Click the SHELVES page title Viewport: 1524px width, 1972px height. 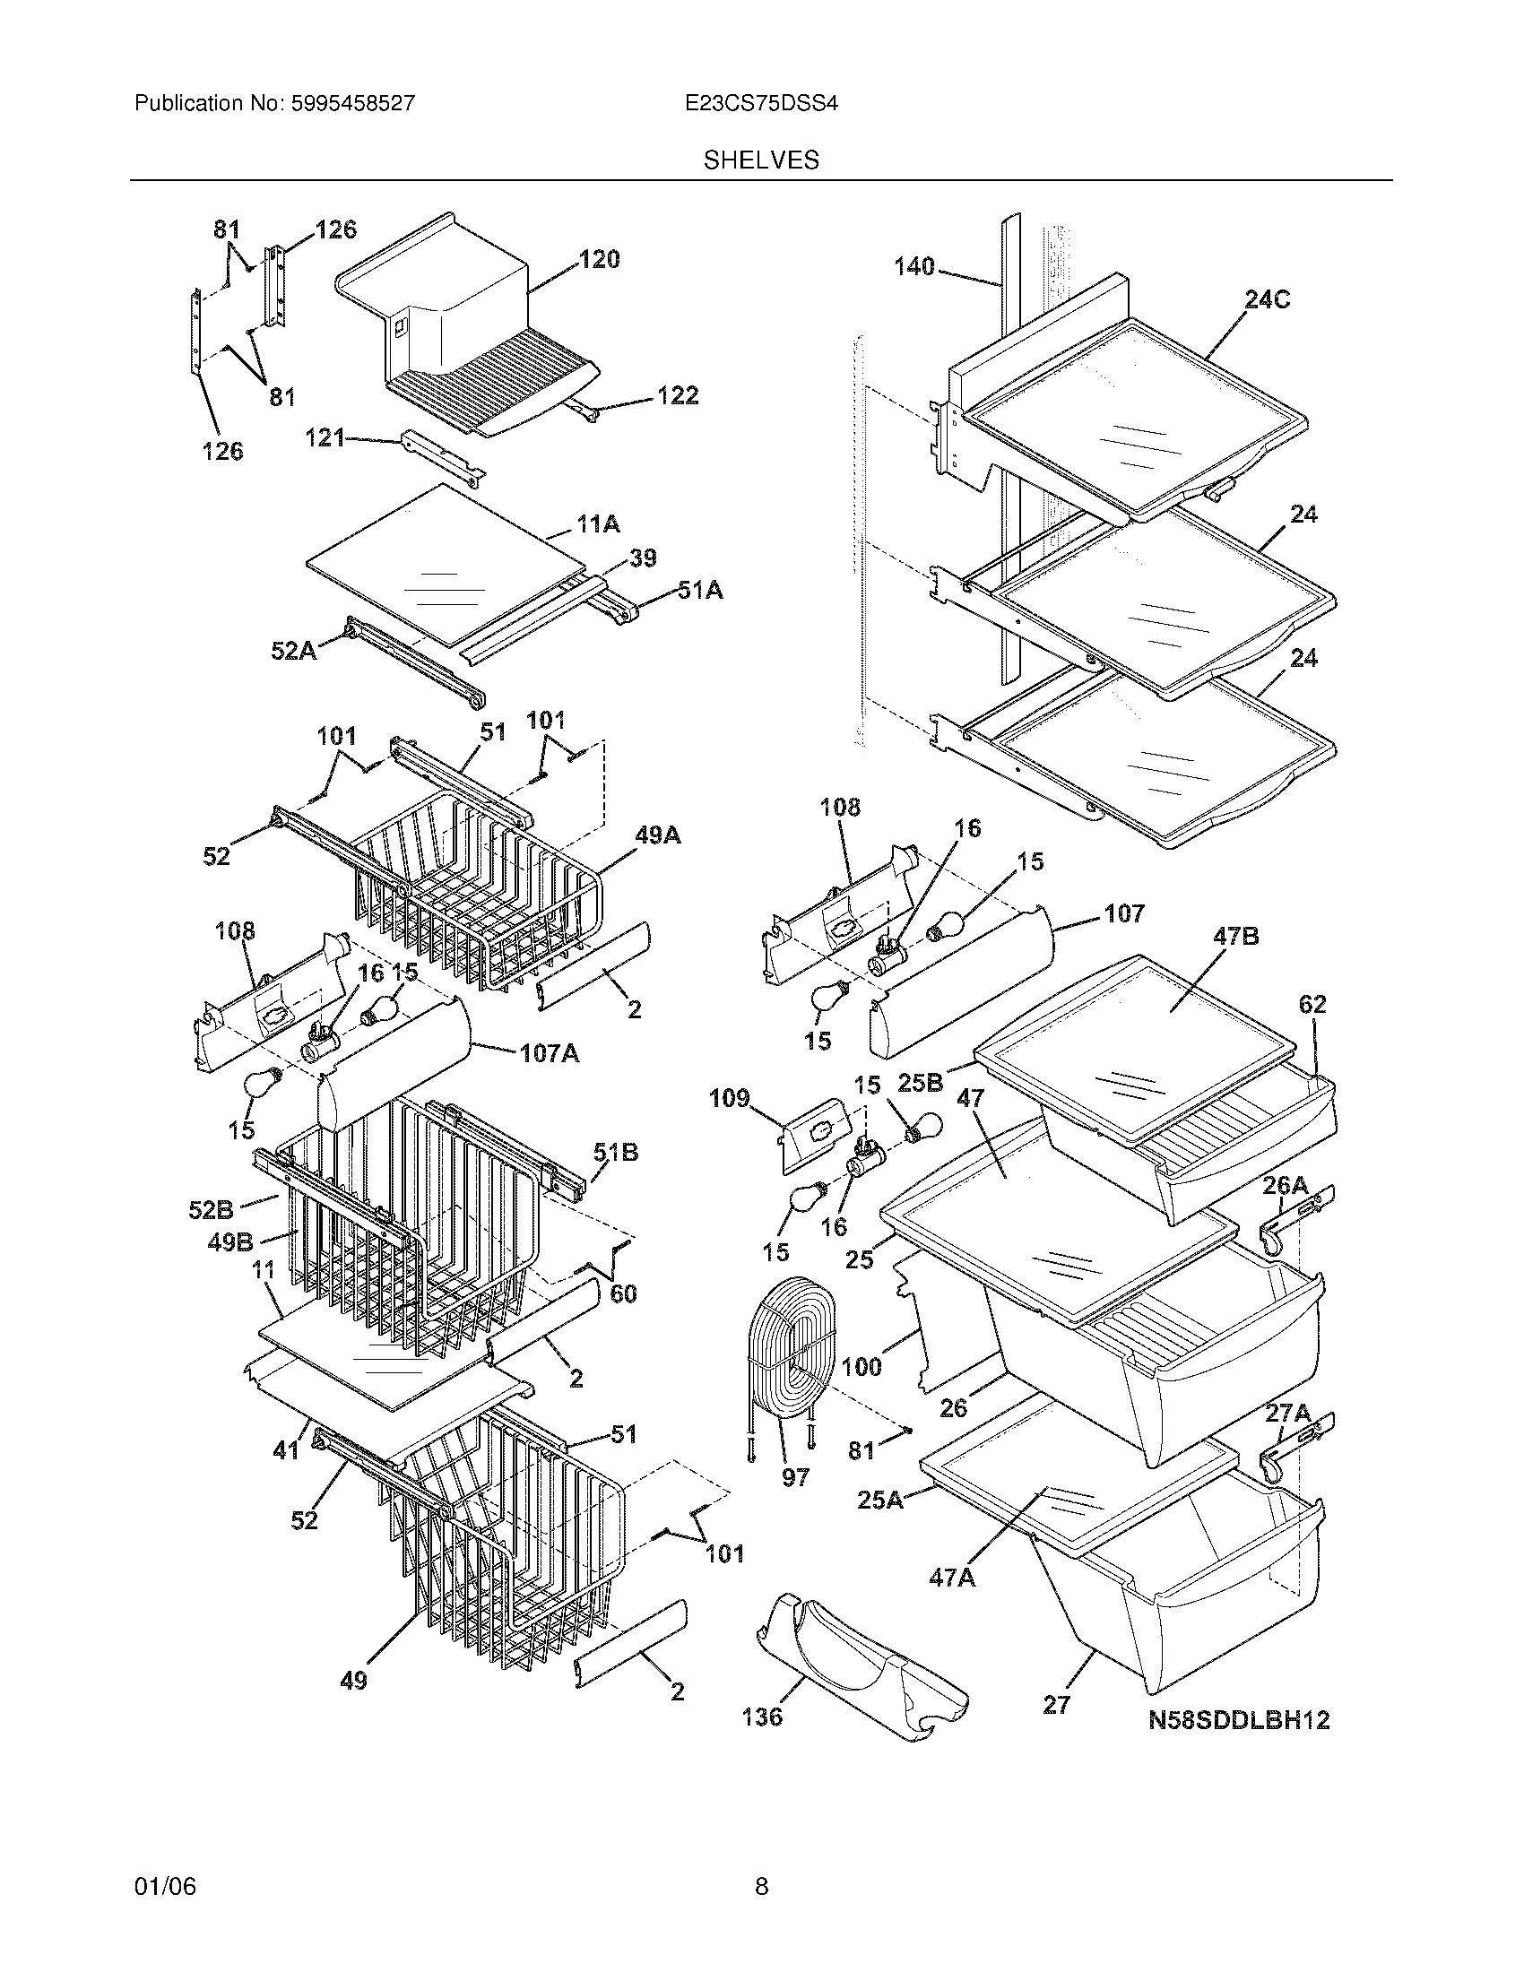coord(761,160)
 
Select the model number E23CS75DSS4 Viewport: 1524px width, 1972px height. coord(761,104)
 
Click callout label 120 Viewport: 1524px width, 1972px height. coord(599,260)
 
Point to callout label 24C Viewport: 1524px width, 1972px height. coord(1267,299)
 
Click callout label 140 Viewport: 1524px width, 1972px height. coord(914,267)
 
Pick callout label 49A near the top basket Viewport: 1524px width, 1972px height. coord(657,836)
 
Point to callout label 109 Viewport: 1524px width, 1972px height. coord(729,1098)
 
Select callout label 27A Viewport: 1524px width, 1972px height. coord(1286,1413)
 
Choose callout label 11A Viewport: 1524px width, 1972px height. coord(598,523)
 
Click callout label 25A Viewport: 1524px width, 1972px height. coord(879,1500)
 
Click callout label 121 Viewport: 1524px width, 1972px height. coord(325,438)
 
